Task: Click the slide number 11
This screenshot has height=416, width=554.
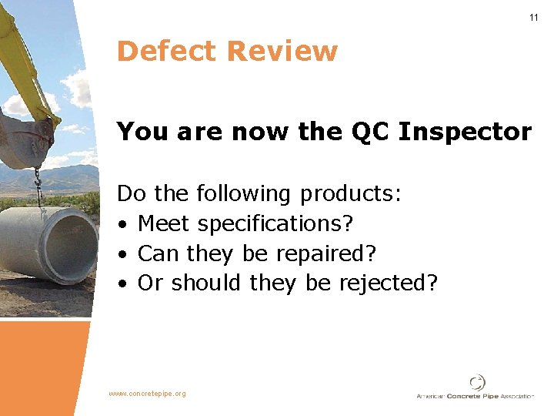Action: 533,18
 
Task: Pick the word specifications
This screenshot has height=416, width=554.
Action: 275,224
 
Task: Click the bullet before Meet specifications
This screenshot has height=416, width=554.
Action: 123,224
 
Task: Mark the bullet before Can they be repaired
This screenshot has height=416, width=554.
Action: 123,253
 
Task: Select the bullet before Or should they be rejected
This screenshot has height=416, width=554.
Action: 123,283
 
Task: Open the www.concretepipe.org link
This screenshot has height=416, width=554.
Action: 147,394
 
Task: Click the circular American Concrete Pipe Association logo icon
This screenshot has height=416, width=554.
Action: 478,382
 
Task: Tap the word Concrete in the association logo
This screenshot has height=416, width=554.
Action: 462,396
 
